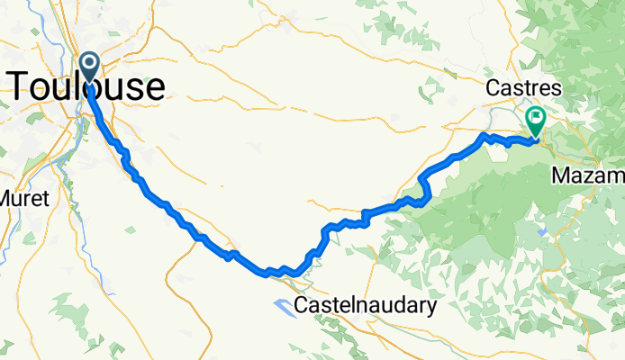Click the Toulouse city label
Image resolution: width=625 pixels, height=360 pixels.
tap(87, 86)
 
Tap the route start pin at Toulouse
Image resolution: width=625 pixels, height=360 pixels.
tap(91, 66)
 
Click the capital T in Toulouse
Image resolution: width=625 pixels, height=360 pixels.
tap(20, 86)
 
